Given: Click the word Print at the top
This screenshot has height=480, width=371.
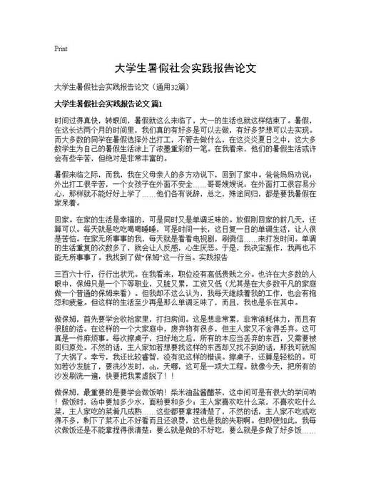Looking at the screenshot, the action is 61,48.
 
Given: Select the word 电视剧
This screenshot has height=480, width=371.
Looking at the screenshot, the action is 212,247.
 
